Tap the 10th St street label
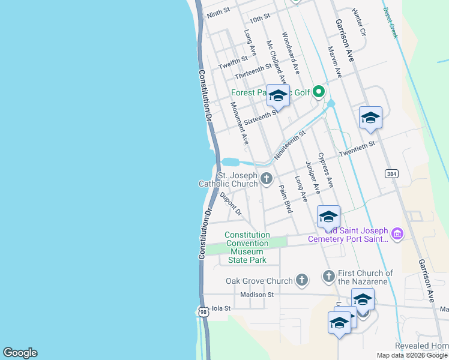(x=261, y=19)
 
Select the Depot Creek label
(x=391, y=23)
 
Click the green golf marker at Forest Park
(x=319, y=92)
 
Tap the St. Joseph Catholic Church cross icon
(x=266, y=178)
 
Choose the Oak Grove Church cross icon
(x=301, y=280)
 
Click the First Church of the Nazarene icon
(x=328, y=276)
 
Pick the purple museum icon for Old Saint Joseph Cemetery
(x=397, y=233)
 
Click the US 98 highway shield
(x=203, y=311)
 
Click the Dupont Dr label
(x=231, y=203)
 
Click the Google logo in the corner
(x=20, y=353)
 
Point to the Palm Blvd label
(x=286, y=199)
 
